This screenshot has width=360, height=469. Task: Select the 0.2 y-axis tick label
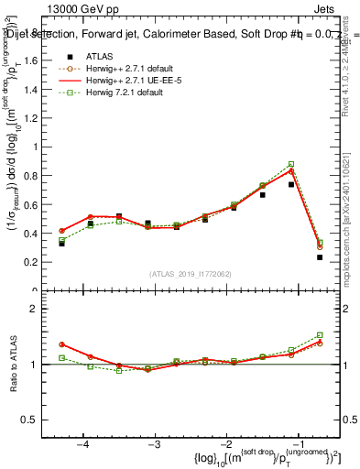31,262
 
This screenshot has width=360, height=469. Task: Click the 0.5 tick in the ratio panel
31,420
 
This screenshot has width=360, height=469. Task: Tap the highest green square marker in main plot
291,164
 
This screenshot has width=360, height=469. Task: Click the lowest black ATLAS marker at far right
320,257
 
